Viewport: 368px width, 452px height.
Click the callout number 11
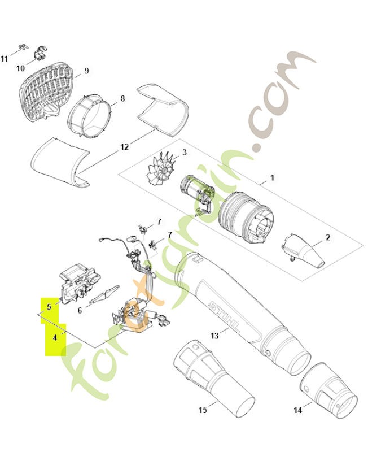[x=4, y=59]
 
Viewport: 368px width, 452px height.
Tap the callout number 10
[x=20, y=68]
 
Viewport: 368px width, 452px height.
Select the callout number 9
[x=87, y=71]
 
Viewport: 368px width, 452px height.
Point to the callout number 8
[x=122, y=98]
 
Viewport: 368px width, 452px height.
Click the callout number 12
[x=124, y=147]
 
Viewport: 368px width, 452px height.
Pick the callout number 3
[x=185, y=152]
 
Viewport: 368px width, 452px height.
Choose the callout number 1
[x=272, y=177]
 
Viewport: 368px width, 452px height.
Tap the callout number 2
[x=328, y=238]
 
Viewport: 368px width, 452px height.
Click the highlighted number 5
[x=49, y=307]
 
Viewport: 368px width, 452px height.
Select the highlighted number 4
[x=55, y=337]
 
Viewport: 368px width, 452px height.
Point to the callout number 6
[x=80, y=310]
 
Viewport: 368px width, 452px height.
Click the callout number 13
[x=214, y=336]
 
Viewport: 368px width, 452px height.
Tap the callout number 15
[x=203, y=410]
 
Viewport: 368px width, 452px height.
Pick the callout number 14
[x=298, y=410]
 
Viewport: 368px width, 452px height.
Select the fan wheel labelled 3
[x=161, y=171]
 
